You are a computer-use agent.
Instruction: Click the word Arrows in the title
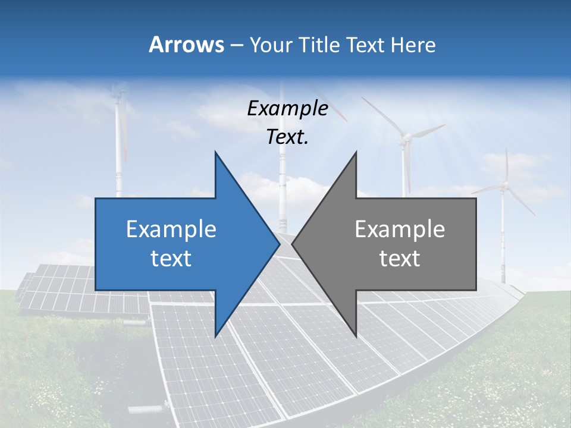point(186,45)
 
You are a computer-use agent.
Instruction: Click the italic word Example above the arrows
point(287,108)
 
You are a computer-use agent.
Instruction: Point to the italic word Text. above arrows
point(287,137)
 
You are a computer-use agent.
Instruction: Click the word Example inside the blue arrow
point(171,229)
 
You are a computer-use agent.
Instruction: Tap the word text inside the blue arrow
point(171,258)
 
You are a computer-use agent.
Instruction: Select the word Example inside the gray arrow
point(400,229)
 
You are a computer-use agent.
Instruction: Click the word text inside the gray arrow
point(400,258)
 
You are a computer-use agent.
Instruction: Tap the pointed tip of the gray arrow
point(293,244)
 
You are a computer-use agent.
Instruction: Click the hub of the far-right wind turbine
point(504,186)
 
